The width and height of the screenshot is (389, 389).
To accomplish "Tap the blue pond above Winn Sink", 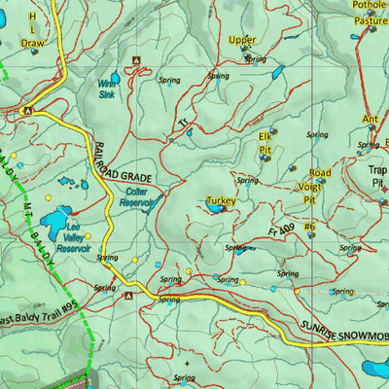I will (x=115, y=76).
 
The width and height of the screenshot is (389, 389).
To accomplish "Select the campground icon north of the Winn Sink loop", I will (x=135, y=60).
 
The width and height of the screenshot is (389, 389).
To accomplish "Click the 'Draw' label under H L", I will (x=32, y=43).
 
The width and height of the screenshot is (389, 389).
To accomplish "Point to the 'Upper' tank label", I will (x=242, y=40).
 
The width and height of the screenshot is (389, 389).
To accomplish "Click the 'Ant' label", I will (x=370, y=120).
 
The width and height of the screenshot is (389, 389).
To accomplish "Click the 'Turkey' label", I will (x=221, y=201).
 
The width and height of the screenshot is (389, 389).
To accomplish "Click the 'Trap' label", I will (x=377, y=169).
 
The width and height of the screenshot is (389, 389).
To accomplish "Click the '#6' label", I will (x=309, y=227).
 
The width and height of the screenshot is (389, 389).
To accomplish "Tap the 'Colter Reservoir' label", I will (x=137, y=198).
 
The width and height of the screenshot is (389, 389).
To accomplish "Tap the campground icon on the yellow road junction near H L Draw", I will (x=27, y=111).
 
